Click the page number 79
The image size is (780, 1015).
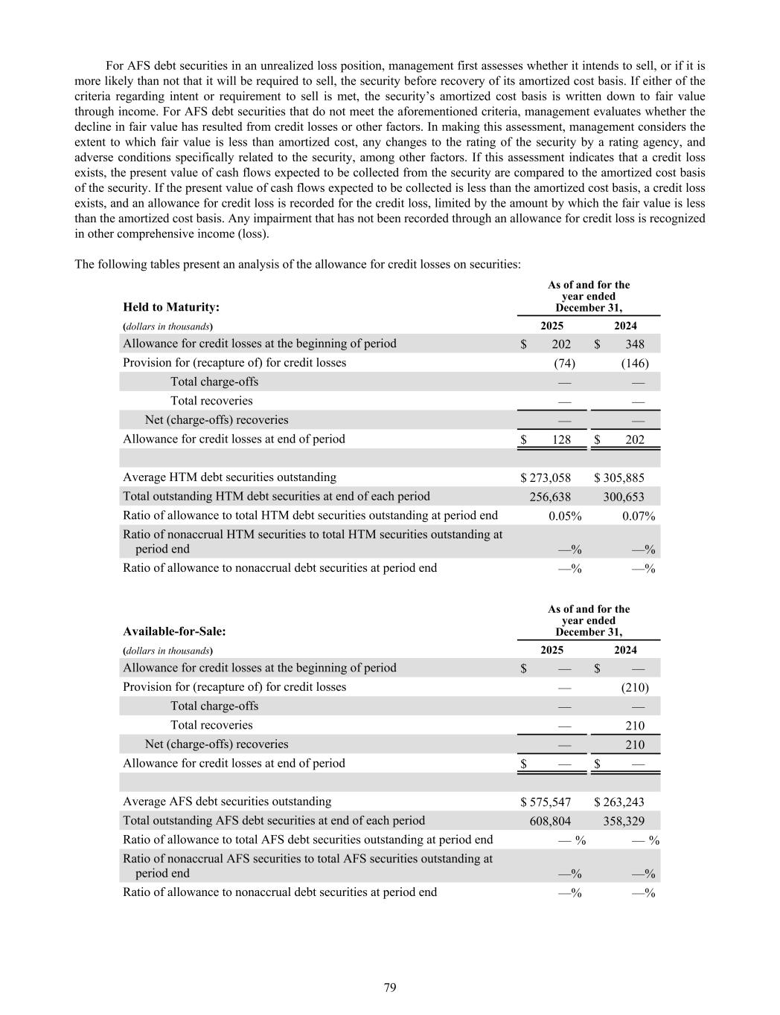[390, 987]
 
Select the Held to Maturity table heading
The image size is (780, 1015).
[171, 307]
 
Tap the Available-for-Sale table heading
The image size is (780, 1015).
[174, 631]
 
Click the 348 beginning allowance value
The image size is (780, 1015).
[635, 344]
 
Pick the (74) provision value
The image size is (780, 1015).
[564, 364]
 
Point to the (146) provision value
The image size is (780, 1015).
[635, 364]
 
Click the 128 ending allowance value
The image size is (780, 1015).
[561, 439]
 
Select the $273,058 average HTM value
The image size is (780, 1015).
[546, 478]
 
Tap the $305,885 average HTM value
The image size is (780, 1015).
[619, 478]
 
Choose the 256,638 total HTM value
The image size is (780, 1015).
[550, 497]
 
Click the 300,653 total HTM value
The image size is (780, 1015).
[624, 497]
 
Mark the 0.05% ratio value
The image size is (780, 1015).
[565, 516]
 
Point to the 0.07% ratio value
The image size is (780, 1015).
[639, 516]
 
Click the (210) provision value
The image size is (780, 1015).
[635, 688]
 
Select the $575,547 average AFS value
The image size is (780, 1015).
[546, 802]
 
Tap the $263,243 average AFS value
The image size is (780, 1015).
[619, 802]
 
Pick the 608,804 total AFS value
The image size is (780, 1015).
[550, 821]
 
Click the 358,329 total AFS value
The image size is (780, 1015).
[624, 821]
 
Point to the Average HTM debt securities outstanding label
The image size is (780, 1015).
[229, 477]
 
